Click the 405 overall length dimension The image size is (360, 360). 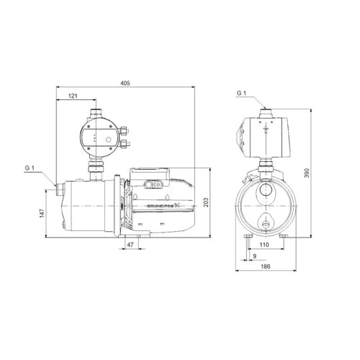[125, 84]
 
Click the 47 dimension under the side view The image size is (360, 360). [131, 246]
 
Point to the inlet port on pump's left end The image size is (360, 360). [56, 190]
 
